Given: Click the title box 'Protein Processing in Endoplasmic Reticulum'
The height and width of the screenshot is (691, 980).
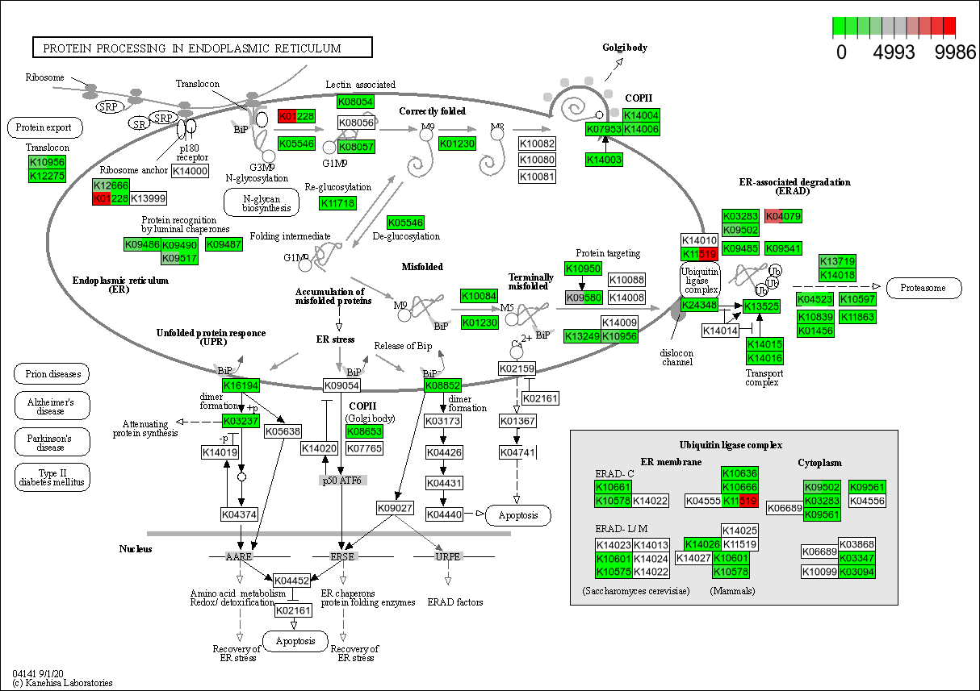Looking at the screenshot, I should coord(202,48).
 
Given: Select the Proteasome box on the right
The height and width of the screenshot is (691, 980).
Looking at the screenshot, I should coord(923,288).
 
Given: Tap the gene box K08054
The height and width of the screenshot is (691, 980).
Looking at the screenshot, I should coord(356,102).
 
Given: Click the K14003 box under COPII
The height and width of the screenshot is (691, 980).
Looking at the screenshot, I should coord(605,160).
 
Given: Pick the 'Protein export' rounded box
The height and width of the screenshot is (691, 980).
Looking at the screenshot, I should coord(44,127).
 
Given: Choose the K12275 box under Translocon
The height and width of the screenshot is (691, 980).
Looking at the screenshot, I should coord(47,176).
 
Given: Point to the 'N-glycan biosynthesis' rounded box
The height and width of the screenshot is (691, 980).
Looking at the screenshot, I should coord(261,202).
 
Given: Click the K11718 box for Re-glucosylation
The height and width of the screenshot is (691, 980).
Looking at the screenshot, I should coord(337,203).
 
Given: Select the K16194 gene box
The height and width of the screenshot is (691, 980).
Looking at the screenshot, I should coord(241,386).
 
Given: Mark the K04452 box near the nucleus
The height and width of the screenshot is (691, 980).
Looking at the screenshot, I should coord(292,581).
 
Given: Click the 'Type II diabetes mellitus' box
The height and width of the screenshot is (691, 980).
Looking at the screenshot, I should coord(52,477).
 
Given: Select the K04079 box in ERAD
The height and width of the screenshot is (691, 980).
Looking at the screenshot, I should coord(783,216).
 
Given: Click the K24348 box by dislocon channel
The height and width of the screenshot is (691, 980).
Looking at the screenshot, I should coord(699,305).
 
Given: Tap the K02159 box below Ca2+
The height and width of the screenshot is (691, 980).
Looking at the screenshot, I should coord(517,368).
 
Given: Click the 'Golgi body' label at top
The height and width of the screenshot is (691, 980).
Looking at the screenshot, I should coord(625,48).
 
